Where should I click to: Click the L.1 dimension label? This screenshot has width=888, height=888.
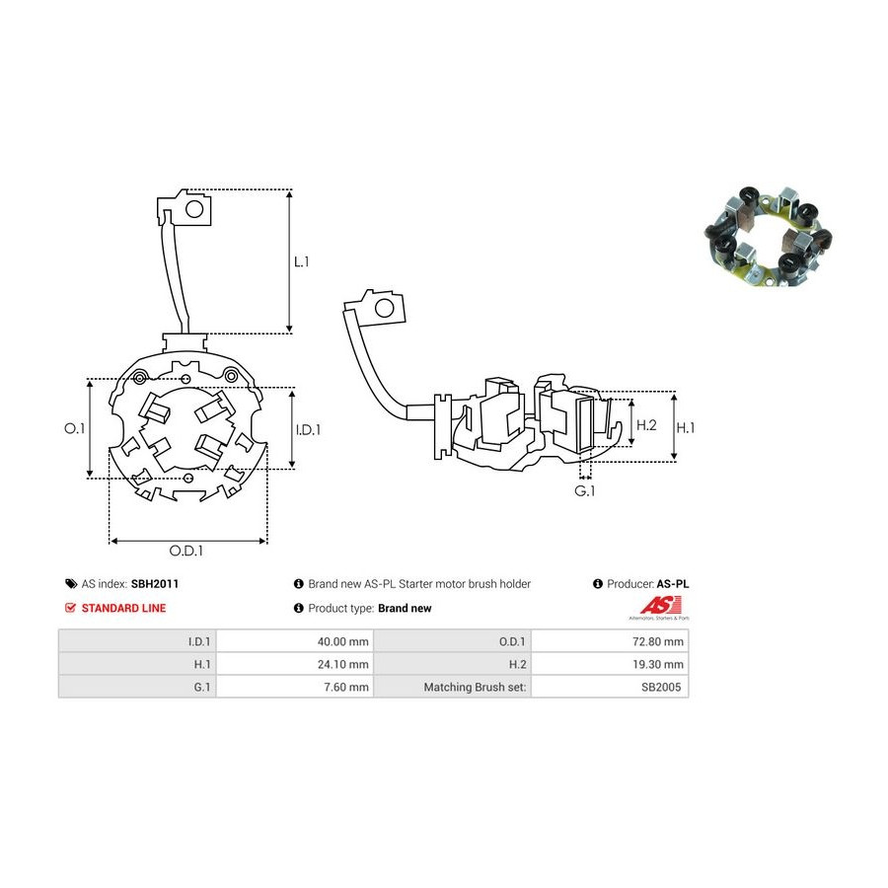tap(301, 261)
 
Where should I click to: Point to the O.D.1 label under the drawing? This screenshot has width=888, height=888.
tap(185, 551)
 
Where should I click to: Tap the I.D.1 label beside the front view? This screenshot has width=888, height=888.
tap(308, 430)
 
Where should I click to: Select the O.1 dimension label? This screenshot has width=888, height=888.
tap(74, 428)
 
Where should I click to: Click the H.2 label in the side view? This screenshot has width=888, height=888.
tap(646, 424)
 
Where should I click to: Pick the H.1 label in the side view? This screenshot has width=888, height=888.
tap(686, 427)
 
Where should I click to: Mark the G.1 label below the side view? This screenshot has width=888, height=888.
tap(584, 491)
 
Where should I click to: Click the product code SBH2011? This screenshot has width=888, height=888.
tap(155, 584)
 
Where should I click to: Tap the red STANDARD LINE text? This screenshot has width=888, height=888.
tap(123, 608)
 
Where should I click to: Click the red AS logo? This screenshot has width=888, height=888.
tap(660, 606)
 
